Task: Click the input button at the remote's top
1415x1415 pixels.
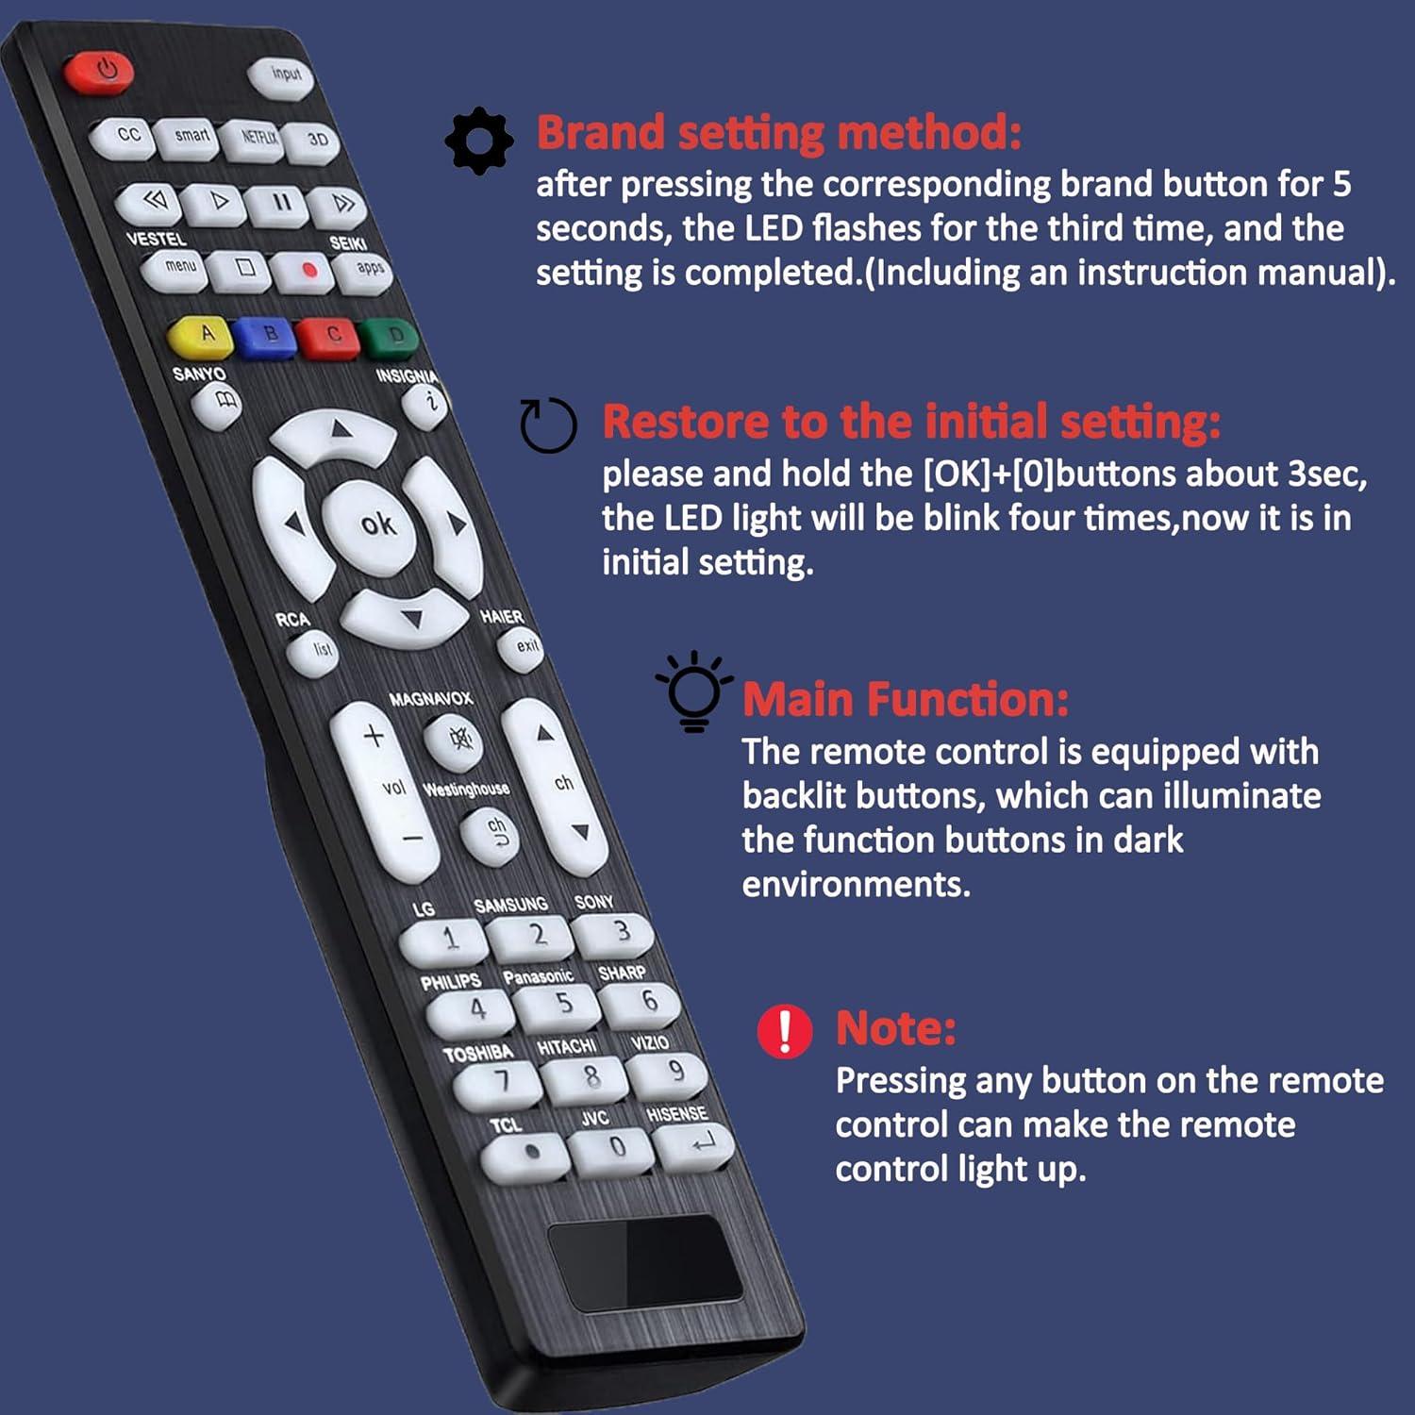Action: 284,75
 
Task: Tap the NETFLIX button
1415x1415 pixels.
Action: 257,138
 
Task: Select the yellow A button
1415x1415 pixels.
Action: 203,334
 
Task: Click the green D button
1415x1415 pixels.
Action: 392,337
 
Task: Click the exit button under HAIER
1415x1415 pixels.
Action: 524,647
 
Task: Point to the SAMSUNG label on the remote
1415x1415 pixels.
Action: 510,905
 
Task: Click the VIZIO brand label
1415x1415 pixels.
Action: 650,1042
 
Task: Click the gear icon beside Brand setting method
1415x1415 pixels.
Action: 479,141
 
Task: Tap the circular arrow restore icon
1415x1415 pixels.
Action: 548,425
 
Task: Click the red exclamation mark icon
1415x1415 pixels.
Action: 784,1030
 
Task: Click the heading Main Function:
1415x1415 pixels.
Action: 906,700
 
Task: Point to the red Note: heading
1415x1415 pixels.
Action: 895,1028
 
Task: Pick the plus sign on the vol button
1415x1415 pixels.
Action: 373,735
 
